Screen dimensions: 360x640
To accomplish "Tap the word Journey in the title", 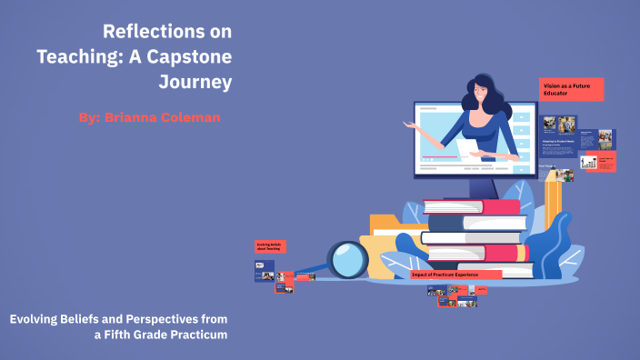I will click(x=195, y=82).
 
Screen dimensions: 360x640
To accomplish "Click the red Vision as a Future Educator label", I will click(x=571, y=89).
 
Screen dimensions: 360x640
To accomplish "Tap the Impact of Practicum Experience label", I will click(x=455, y=275).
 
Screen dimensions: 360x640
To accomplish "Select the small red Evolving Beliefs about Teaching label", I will click(x=270, y=245).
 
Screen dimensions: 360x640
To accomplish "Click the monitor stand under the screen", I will click(x=481, y=186).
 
